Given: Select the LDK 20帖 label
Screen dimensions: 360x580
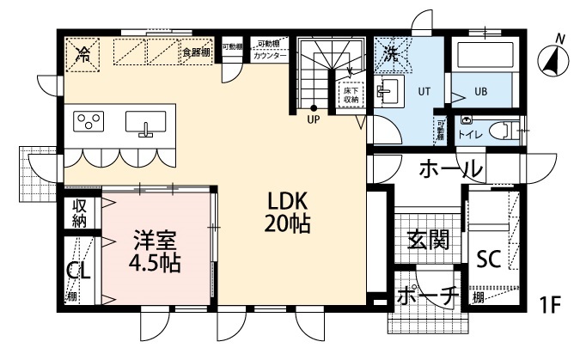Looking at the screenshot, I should click(288, 213).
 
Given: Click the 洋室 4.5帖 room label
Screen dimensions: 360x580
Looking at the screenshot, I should click(156, 250).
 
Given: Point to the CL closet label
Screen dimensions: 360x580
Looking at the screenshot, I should click(77, 271).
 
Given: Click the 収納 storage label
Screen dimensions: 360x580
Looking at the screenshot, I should click(79, 213).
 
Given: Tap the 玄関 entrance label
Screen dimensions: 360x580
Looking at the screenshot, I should click(428, 239).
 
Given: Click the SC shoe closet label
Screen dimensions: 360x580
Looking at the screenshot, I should click(489, 258).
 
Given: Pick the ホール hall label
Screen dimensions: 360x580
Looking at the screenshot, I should click(449, 170).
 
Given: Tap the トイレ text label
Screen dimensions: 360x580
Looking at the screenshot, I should click(469, 135).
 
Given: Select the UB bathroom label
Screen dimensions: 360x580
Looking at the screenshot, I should click(483, 89).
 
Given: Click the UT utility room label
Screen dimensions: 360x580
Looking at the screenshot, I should click(424, 89).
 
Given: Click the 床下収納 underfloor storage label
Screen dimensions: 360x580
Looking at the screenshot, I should click(351, 94).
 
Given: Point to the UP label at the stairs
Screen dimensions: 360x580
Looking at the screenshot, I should click(314, 120).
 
